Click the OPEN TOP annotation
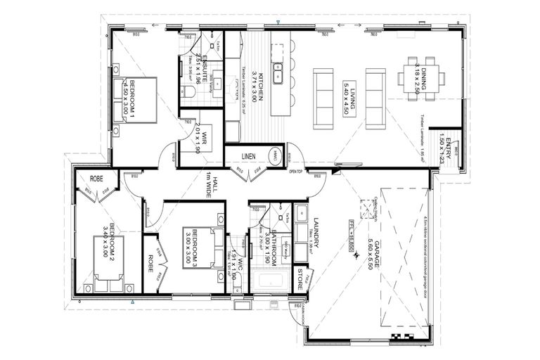(x=295, y=172)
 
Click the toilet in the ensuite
(x=188, y=92)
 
